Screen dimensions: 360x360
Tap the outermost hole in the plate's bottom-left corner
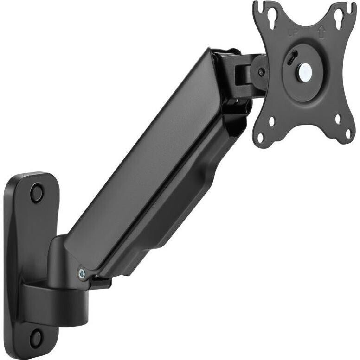coord(261,137)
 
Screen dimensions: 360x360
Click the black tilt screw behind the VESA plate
coord(262,72)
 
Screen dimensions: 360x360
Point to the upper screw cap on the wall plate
coord(36,193)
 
